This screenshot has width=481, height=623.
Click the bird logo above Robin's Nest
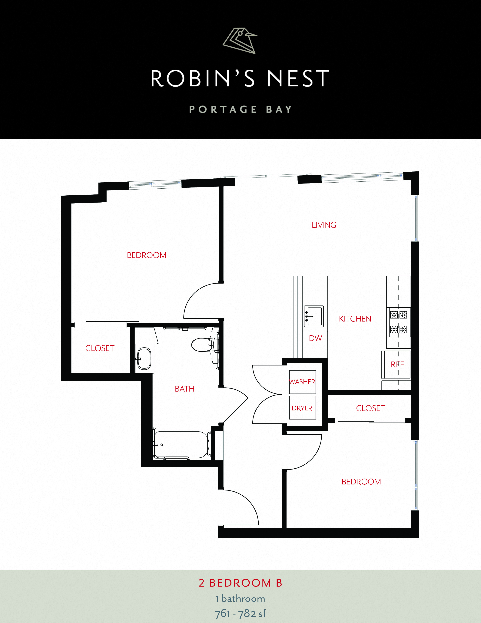(x=240, y=41)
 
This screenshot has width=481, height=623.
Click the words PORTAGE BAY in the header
(x=240, y=109)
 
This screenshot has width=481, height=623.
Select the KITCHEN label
(x=355, y=319)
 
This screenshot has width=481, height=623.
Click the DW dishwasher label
(x=315, y=338)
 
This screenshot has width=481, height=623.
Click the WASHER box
(x=302, y=382)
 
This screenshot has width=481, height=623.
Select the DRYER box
(x=302, y=408)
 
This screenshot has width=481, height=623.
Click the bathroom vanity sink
(x=144, y=359)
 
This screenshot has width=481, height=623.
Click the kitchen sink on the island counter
(x=314, y=316)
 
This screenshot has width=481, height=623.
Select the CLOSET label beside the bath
(x=100, y=348)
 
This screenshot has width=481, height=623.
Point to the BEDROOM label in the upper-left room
(x=146, y=255)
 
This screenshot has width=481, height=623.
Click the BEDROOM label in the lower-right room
(x=361, y=482)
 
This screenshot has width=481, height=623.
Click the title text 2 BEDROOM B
(x=240, y=583)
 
